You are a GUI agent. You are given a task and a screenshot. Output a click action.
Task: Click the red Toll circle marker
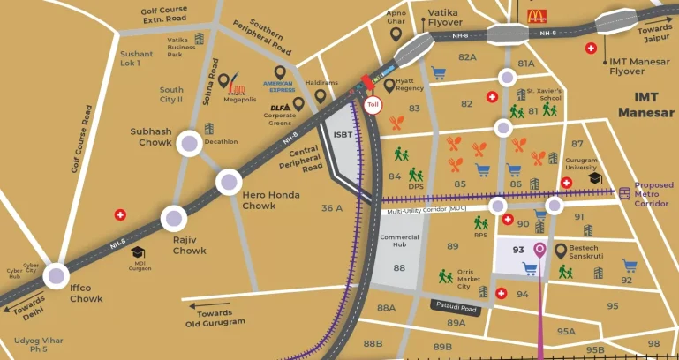pos(373,103)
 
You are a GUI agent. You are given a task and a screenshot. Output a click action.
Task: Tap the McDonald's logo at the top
pos(537,14)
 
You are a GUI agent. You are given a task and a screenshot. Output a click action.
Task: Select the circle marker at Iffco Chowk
pos(57,275)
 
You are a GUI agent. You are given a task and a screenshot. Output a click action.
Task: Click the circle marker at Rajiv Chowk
pos(174,219)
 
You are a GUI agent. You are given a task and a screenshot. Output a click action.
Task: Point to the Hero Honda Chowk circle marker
pos(230,183)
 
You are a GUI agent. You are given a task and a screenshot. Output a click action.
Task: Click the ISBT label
pos(343,135)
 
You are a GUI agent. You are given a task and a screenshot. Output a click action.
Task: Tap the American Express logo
pos(277,85)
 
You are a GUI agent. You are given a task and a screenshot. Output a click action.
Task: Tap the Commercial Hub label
pos(399,242)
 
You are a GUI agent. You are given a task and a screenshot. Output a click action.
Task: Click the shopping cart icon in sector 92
pos(630,265)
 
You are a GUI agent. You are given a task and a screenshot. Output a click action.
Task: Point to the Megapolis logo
pos(238,86)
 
